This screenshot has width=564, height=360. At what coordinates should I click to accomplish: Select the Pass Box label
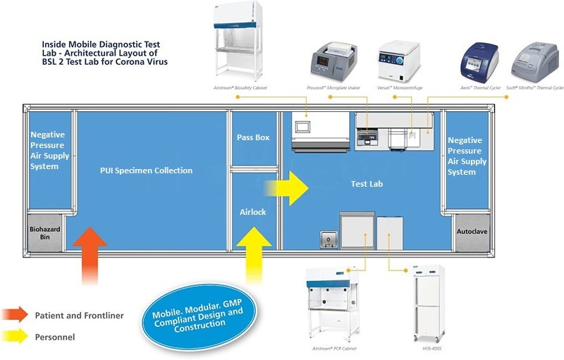[253, 137]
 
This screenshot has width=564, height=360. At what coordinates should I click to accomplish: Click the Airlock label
[253, 211]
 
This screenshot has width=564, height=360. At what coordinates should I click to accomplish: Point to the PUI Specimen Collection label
[147, 170]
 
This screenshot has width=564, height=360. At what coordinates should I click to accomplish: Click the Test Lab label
[367, 185]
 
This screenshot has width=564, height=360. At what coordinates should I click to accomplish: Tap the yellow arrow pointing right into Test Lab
[286, 187]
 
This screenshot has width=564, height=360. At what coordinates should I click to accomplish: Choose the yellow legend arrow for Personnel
[16, 337]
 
